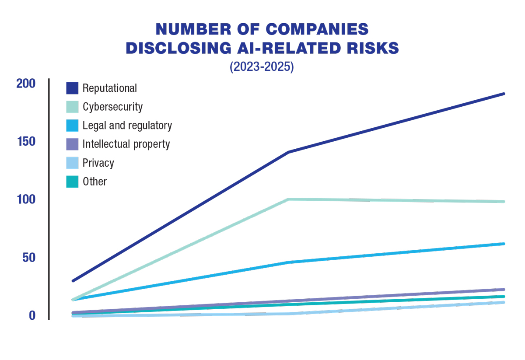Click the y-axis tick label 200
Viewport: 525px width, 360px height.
point(26,84)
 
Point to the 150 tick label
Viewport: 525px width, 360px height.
point(26,142)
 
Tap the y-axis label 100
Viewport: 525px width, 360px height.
point(26,199)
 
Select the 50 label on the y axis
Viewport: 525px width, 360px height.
point(29,258)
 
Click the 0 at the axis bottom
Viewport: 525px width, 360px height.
point(32,315)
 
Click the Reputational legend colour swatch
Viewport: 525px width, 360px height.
point(72,88)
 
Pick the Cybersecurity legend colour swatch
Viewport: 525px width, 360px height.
point(72,107)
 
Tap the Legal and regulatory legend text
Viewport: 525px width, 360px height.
point(127,126)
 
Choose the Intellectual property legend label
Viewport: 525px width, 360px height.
point(126,144)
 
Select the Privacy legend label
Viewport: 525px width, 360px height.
point(98,163)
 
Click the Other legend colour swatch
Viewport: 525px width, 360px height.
point(72,182)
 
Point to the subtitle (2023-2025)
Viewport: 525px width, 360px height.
point(262,67)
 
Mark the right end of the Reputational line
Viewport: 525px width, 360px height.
point(504,94)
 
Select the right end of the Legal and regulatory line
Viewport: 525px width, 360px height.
point(504,244)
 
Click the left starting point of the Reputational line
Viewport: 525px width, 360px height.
point(73,281)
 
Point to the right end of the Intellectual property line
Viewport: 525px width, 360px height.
point(504,289)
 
